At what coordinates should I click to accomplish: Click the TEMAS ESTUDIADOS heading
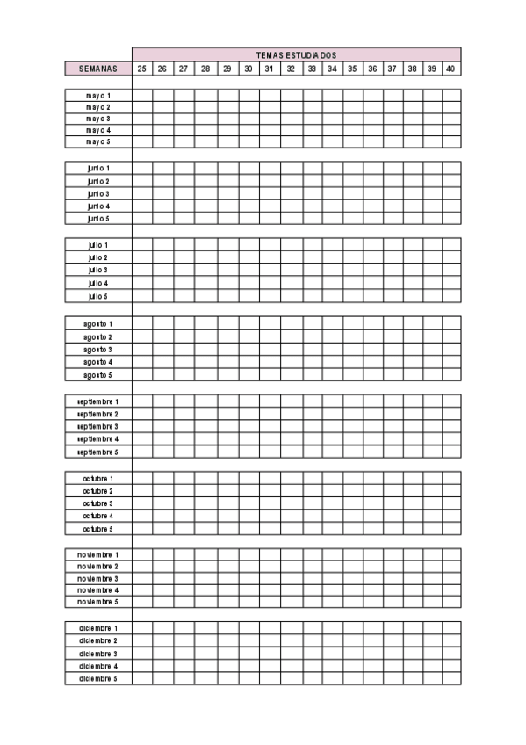coord(296,54)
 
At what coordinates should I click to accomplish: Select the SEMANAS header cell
coord(98,69)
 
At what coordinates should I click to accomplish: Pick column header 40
coord(450,69)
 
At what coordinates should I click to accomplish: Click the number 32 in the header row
coord(291,69)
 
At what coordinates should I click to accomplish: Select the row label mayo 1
coord(98,95)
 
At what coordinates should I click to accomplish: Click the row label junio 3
coord(98,193)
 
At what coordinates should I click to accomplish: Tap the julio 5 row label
coord(98,297)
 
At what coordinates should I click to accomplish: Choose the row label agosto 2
coord(98,337)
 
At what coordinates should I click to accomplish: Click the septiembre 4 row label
coord(98,438)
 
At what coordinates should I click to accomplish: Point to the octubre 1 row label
coord(98,478)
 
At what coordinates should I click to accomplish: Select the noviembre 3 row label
coord(98,579)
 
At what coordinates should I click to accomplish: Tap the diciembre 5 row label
coord(98,679)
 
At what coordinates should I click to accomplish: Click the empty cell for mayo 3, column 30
coord(249,119)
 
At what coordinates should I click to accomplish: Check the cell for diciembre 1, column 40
coord(450,628)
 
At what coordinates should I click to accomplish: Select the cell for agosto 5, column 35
coord(353,375)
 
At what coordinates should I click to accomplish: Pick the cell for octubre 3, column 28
coord(205,503)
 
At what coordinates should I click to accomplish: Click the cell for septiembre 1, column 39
coord(432,401)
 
